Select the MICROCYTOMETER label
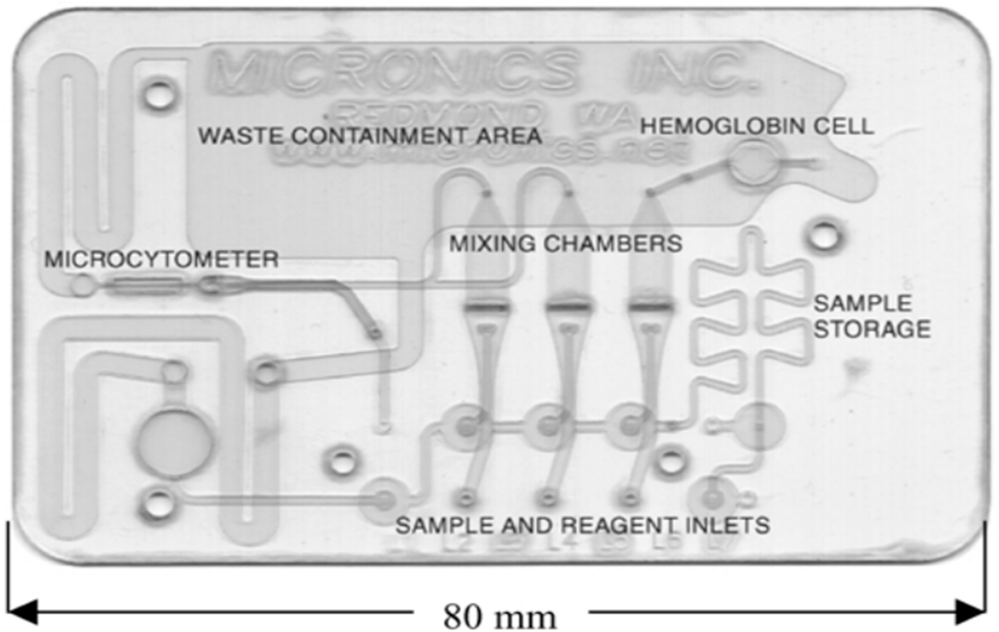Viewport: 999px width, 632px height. click(161, 259)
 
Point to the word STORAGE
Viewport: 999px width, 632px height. click(872, 329)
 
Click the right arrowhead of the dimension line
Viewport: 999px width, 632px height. click(973, 612)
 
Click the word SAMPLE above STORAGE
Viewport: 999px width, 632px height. click(862, 304)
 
